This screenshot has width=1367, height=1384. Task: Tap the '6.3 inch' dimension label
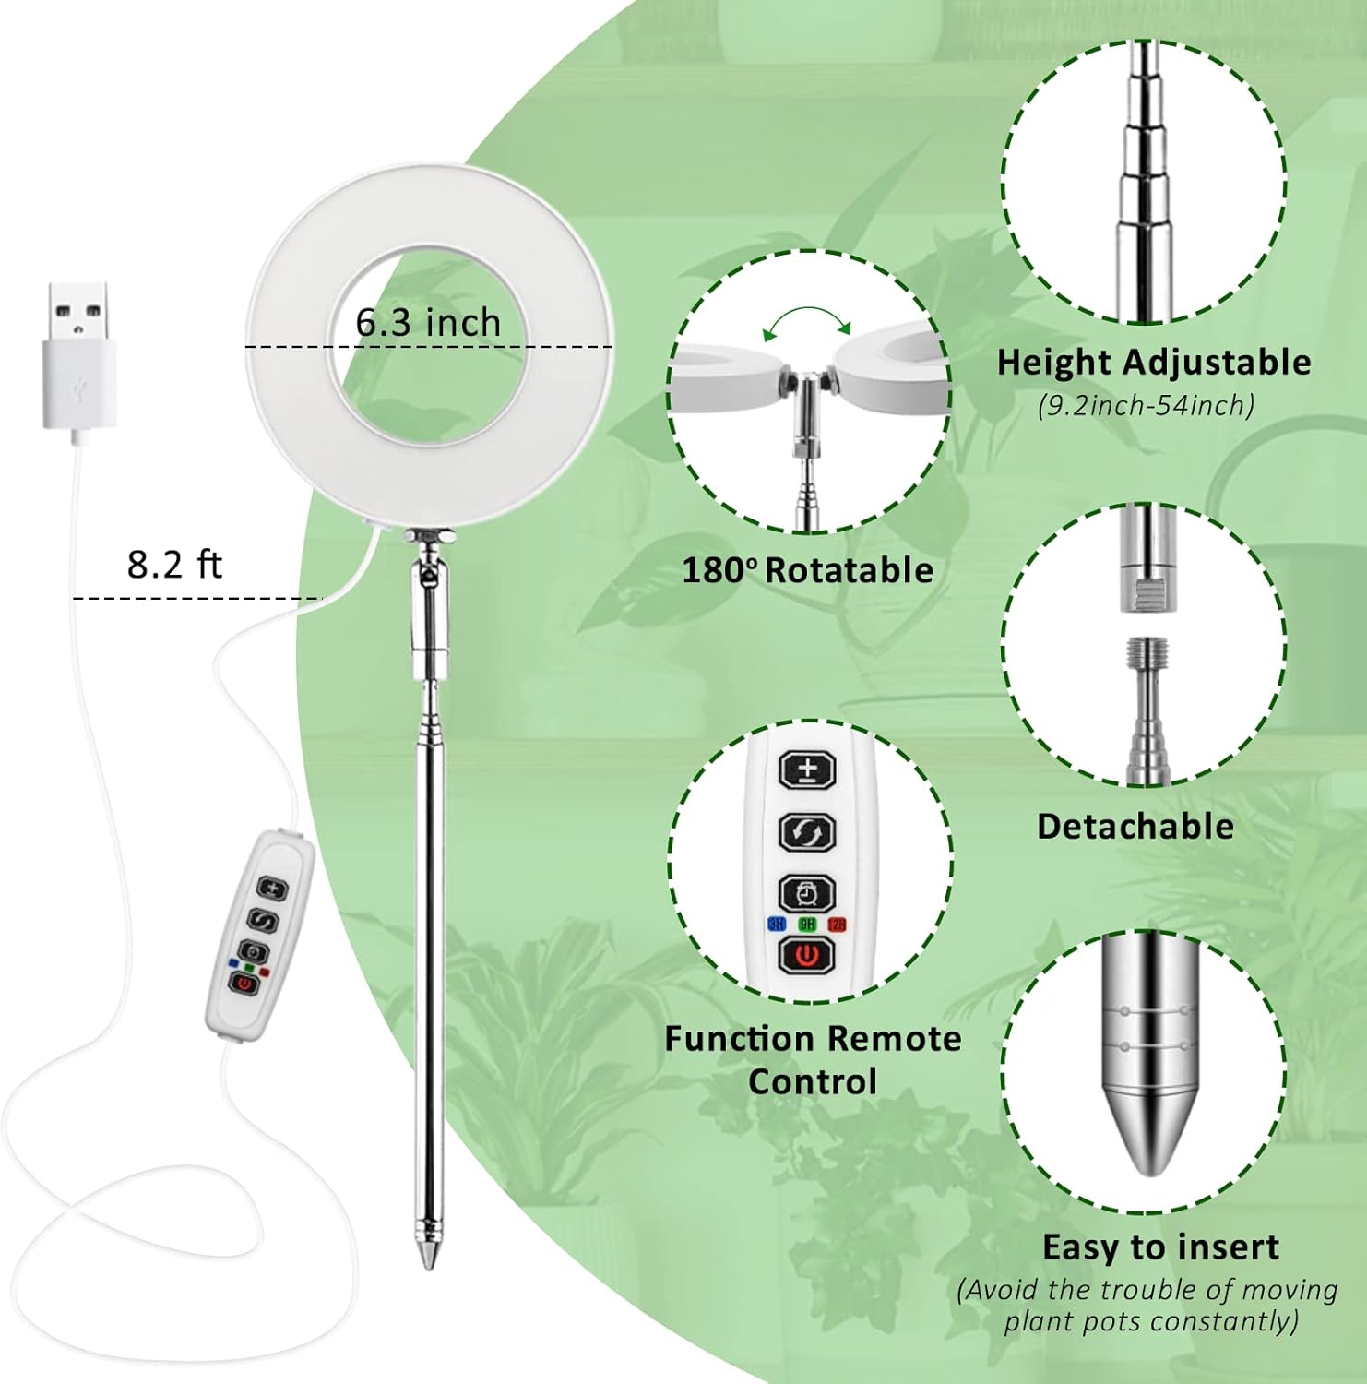428,322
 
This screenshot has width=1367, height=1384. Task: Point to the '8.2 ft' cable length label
174,564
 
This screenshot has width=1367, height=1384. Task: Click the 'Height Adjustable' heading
1154,362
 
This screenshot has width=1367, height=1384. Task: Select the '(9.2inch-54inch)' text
1147,405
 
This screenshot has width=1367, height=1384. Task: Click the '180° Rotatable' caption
808,570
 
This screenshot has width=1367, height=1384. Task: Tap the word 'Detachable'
1135,826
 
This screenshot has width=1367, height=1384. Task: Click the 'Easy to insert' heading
1160,1247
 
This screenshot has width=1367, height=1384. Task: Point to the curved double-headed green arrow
808,321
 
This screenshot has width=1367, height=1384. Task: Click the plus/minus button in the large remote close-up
808,770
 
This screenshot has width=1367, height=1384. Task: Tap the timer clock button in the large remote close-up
808,893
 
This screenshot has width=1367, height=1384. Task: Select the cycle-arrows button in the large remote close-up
808,832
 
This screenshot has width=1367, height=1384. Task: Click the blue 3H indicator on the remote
776,925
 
